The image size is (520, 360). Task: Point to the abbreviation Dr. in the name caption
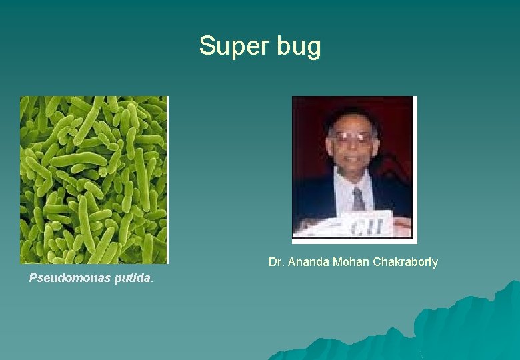pyautogui.click(x=276, y=262)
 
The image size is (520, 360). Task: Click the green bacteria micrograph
pyautogui.click(x=93, y=179)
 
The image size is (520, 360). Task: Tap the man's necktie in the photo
pyautogui.click(x=359, y=198)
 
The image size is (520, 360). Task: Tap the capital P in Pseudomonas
pyautogui.click(x=33, y=278)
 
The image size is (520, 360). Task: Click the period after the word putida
pyautogui.click(x=153, y=280)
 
